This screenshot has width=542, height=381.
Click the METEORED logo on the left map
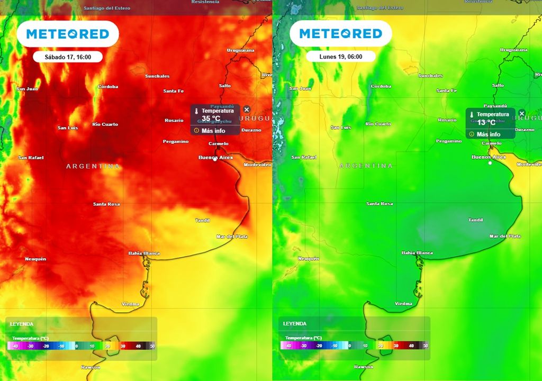point(67,34)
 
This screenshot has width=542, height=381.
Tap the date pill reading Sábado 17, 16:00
point(67,57)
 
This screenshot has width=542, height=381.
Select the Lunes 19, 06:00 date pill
point(340,57)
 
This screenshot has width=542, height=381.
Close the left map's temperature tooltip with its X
point(247,110)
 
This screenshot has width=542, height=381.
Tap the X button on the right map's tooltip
point(521,114)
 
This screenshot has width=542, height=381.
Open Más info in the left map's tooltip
point(213,131)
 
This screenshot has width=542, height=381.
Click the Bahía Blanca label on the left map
point(144,253)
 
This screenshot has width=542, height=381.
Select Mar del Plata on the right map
point(505,237)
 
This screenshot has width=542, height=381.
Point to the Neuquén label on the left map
point(35,259)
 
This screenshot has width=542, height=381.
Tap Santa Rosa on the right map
point(380,204)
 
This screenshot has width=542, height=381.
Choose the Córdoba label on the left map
point(108,87)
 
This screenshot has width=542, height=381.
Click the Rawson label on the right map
point(364,367)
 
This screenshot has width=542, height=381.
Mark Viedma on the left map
point(130,304)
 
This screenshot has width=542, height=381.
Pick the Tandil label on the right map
point(476,220)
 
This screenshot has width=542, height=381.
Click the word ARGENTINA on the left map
point(93,166)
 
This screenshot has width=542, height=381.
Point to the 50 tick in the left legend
point(152,346)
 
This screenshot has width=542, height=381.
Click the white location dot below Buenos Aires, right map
point(490,163)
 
